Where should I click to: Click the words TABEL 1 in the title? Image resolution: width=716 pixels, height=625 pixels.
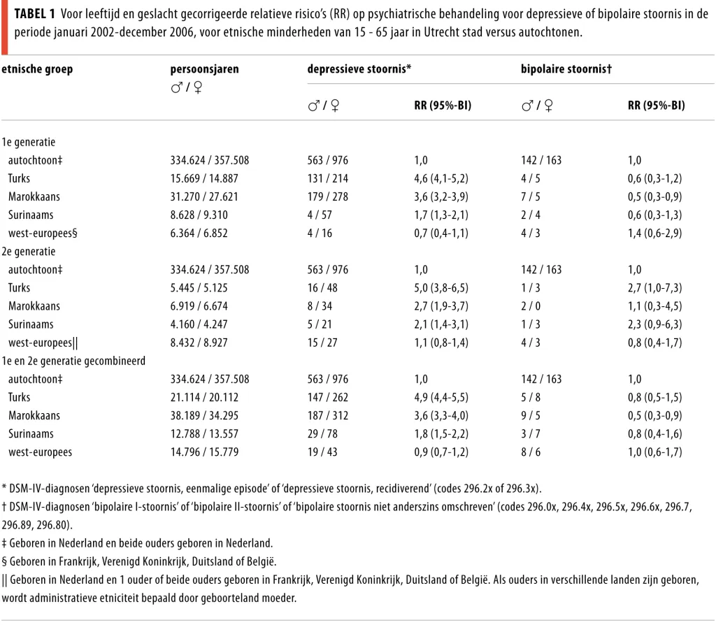(x=35, y=14)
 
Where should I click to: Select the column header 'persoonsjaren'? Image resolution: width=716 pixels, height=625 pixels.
(x=205, y=69)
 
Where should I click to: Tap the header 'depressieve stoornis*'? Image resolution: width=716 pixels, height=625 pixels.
(x=359, y=69)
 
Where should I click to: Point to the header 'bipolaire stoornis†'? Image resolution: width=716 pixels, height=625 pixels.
(x=566, y=69)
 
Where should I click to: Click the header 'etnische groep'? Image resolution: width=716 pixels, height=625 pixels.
(x=37, y=69)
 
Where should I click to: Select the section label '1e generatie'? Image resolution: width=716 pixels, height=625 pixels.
(x=28, y=142)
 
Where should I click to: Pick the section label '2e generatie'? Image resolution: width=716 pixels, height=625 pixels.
(x=28, y=252)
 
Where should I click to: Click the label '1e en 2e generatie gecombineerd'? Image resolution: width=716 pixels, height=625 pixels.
(x=73, y=361)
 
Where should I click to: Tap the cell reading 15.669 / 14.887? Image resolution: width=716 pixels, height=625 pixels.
(x=204, y=178)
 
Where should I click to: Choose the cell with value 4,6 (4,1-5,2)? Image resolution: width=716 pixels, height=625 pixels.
(x=441, y=178)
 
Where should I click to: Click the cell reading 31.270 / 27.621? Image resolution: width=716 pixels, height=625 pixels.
(x=204, y=196)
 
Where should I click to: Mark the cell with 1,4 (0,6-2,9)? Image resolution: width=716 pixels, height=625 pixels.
(x=654, y=234)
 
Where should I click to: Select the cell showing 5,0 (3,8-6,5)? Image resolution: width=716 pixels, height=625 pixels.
(x=441, y=288)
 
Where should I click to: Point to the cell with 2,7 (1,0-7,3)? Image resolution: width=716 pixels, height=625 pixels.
(x=654, y=288)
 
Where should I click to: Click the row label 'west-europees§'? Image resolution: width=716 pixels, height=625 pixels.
(x=43, y=234)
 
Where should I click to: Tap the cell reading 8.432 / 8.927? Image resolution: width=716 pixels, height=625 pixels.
(x=199, y=343)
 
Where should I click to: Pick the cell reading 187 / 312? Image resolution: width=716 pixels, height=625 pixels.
(x=327, y=416)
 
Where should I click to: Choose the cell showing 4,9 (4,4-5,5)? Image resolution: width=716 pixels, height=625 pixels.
(x=441, y=398)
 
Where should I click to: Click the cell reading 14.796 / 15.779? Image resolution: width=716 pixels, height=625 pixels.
(x=204, y=452)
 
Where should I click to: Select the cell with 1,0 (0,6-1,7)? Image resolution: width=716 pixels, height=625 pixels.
(x=654, y=452)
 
